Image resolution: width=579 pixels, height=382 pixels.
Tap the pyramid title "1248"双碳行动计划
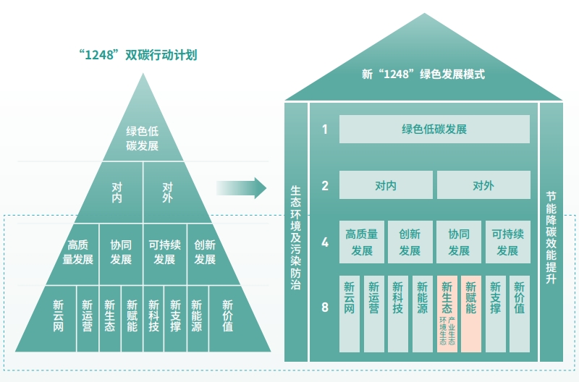[138, 55]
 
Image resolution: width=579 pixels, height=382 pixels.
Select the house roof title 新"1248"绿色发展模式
[423, 74]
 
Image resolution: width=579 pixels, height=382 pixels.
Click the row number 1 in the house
[325, 130]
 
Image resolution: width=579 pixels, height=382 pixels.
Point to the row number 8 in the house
[325, 307]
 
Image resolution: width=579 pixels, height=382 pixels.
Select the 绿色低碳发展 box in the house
[434, 130]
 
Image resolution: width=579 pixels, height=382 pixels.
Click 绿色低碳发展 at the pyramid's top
[143, 138]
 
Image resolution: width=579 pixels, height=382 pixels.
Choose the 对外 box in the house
[483, 185]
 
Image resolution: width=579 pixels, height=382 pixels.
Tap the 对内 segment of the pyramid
[117, 192]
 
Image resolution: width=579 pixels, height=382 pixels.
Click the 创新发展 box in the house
[410, 242]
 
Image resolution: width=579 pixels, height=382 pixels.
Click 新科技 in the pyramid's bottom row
[153, 315]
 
